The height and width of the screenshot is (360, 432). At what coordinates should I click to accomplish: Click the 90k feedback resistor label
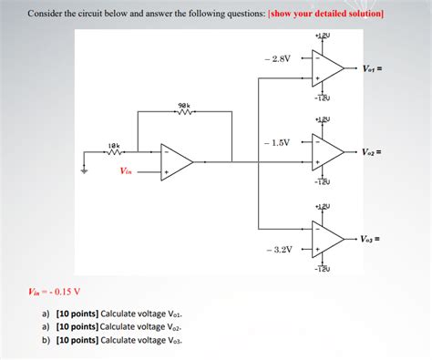coord(184,106)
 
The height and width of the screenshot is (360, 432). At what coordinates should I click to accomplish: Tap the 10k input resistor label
coord(113,145)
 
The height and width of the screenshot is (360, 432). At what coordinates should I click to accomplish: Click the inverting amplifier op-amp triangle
coord(176,162)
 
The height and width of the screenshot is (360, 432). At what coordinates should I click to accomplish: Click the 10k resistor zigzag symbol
coord(114,153)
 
